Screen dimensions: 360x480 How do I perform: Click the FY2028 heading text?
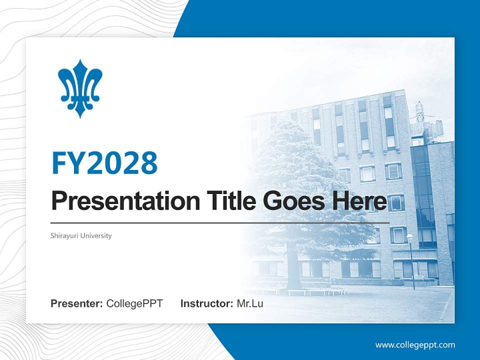pyautogui.click(x=104, y=162)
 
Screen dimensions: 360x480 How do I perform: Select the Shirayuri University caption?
pyautogui.click(x=81, y=235)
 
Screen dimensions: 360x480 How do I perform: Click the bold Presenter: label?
pyautogui.click(x=77, y=303)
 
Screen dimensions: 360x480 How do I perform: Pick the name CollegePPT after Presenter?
pyautogui.click(x=134, y=303)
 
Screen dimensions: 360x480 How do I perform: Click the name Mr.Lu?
pyautogui.click(x=250, y=303)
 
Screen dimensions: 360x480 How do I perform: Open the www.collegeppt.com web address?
pyautogui.click(x=415, y=345)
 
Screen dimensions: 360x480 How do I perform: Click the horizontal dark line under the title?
pyautogui.click(x=220, y=222)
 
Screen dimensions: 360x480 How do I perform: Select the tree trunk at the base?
pyautogui.click(x=292, y=272)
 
